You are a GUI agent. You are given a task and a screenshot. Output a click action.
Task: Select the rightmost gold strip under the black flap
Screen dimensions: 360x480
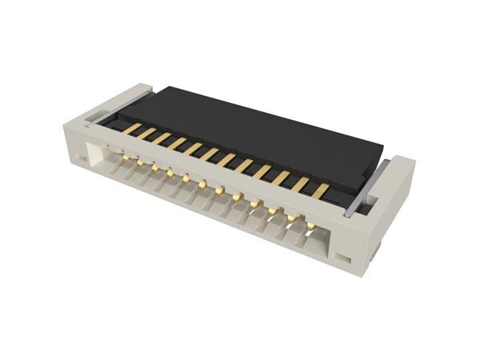pos(320,191)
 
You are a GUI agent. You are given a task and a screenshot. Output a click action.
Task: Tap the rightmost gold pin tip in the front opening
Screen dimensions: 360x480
pos(310,226)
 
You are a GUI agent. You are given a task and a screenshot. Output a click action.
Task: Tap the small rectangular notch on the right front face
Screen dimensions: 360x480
pos(342,258)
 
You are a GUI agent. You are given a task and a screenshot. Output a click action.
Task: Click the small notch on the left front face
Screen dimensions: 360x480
pos(82,160)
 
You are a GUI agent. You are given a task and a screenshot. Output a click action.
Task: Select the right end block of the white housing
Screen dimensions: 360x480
pos(384,216)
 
